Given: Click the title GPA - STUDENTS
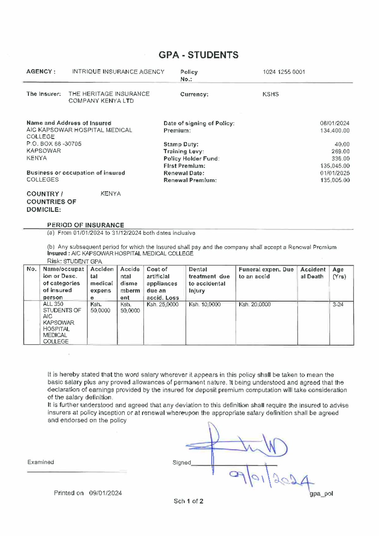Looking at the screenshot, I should coord(198,55).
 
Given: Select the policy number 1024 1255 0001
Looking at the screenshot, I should coord(284,72).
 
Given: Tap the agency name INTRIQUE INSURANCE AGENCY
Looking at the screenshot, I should coord(118,72).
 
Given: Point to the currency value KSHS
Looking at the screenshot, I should coord(271,94).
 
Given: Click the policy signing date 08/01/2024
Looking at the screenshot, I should coord(334,123).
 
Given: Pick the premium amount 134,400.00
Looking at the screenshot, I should coord(335,131).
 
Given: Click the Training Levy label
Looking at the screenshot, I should coord(183,151).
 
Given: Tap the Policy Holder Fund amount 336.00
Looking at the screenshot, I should coord(340,159).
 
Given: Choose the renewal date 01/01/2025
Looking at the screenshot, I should coord(335,173).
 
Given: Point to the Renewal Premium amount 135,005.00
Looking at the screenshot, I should coord(335,180).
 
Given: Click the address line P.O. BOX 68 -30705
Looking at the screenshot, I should coord(54,144).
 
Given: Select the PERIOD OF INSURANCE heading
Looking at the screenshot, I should coord(86,225).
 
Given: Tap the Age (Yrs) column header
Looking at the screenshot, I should coord(339,273).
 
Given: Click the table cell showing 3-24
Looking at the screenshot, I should coord(338,305).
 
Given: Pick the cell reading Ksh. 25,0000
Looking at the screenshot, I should coord(163,305).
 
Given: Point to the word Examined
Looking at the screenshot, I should coord(41,462).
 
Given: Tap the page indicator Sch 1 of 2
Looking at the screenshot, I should coord(188,501).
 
